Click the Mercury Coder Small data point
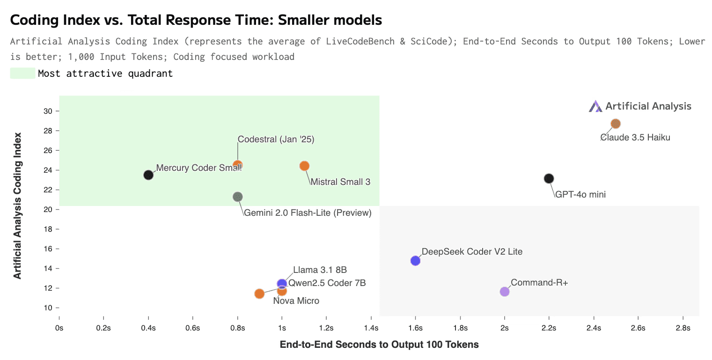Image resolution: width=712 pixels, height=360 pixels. click(x=148, y=175)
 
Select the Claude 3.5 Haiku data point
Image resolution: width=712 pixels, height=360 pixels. click(x=616, y=124)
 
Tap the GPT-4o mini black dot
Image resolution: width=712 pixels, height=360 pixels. click(x=549, y=178)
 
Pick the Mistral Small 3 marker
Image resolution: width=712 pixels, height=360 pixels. click(x=304, y=166)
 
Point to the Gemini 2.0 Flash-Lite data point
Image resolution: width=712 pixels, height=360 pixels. click(x=238, y=197)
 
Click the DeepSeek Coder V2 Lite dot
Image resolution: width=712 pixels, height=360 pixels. click(x=415, y=261)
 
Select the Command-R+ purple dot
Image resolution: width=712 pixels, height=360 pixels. click(x=504, y=292)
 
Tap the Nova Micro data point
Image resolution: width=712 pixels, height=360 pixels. click(x=259, y=294)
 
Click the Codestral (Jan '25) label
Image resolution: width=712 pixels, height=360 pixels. click(x=276, y=139)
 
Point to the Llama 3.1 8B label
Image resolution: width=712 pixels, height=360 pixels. click(x=320, y=270)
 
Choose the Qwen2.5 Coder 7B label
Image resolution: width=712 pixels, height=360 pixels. click(x=327, y=283)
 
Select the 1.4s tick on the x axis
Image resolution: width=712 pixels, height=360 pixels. click(x=371, y=328)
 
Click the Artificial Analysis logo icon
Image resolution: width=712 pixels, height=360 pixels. click(x=595, y=106)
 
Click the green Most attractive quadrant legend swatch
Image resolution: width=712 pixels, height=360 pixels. click(x=22, y=73)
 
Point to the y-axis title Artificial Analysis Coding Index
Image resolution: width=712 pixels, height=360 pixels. click(x=18, y=206)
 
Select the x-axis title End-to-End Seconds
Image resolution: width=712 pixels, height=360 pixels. click(x=379, y=345)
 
